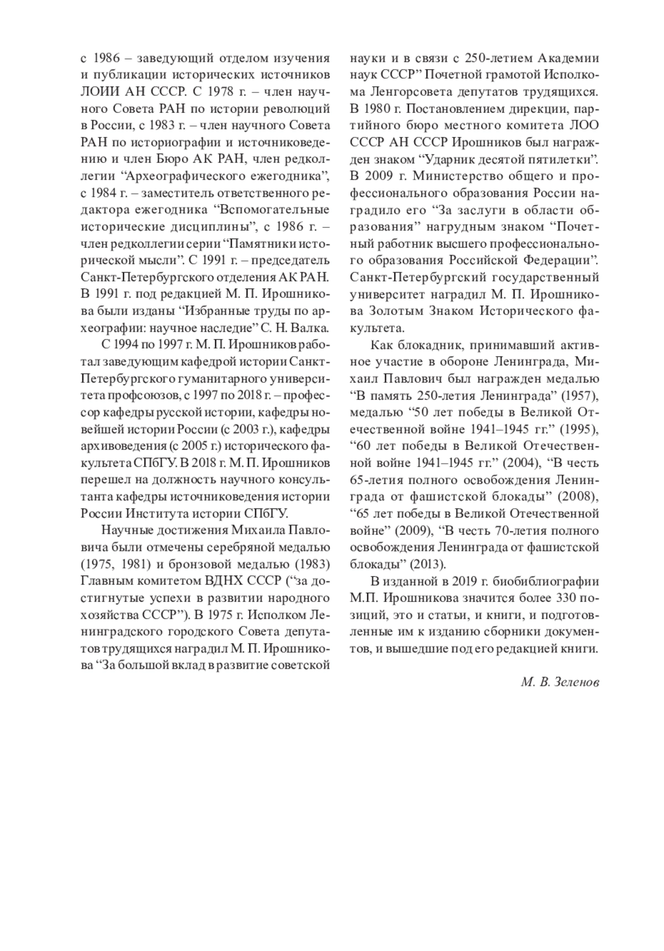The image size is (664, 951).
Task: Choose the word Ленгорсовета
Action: point(401,91)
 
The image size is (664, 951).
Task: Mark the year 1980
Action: point(380,108)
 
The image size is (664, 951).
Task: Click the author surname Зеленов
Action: point(575,682)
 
